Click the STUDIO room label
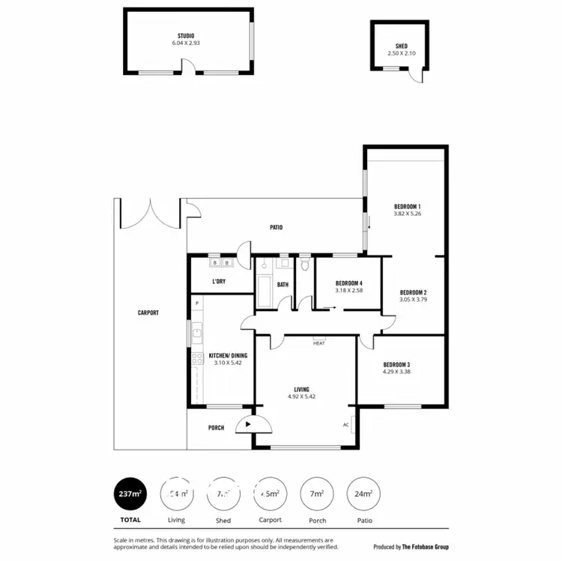186,36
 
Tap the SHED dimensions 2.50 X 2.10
402,53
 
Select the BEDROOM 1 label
408,206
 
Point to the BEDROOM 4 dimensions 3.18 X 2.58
349,291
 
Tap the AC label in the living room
346,424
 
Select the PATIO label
277,227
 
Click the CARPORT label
148,312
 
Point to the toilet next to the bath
304,265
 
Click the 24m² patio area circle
363,494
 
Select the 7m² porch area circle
317,494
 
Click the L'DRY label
219,282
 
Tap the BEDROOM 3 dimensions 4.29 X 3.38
396,372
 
